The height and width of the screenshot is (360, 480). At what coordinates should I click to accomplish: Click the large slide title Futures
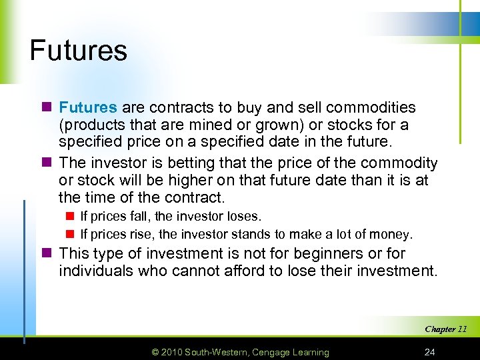tap(78, 51)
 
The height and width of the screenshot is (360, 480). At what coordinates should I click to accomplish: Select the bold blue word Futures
tap(88, 107)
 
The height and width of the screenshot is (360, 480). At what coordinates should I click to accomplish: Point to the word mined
tap(240, 125)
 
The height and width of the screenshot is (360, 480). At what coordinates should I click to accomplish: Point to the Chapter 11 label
tap(445, 329)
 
